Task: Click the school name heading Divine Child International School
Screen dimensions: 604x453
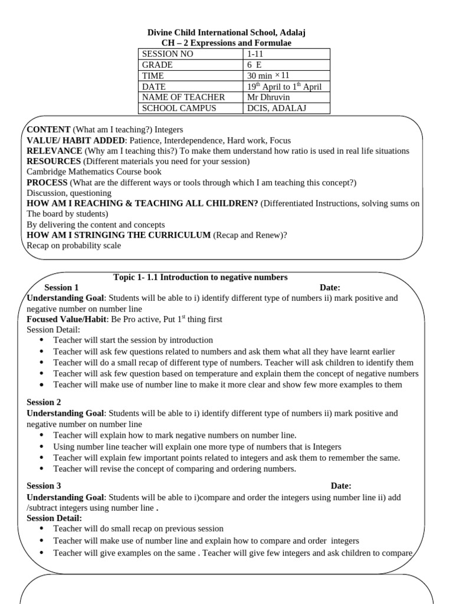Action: [226, 32]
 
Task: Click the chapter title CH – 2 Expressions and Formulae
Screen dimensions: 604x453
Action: [226, 43]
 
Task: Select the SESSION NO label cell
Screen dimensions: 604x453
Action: [168, 54]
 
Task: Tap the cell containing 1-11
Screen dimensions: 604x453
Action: [256, 54]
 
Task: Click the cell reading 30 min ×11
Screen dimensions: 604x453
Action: [268, 75]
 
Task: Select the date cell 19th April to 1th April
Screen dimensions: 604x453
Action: [284, 87]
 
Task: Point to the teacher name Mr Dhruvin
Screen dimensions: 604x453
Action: [268, 97]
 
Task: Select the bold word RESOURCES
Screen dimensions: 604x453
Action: [54, 161]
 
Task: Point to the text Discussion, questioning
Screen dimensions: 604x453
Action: [69, 193]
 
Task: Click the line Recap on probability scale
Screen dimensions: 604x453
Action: [74, 245]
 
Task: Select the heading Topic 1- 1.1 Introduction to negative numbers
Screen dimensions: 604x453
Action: [200, 277]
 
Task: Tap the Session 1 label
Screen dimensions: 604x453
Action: [61, 288]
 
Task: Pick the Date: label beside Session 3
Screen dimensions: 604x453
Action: [340, 486]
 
